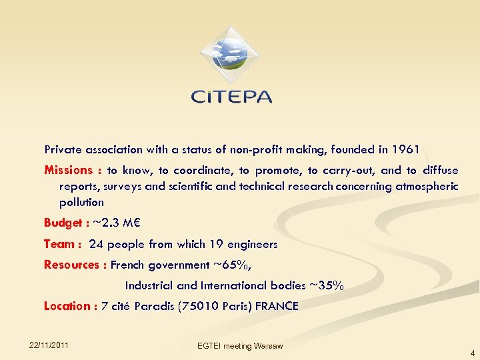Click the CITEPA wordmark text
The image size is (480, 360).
(x=231, y=97)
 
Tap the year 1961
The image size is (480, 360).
(x=405, y=148)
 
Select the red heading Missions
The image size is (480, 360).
(x=68, y=170)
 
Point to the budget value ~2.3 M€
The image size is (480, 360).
(x=112, y=223)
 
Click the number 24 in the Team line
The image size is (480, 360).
(x=96, y=244)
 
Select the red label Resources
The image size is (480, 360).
(x=72, y=265)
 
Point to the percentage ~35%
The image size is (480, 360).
(x=327, y=285)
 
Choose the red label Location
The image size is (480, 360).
(x=67, y=306)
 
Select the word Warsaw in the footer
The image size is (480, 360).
(x=268, y=345)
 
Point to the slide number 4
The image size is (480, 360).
(x=472, y=353)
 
